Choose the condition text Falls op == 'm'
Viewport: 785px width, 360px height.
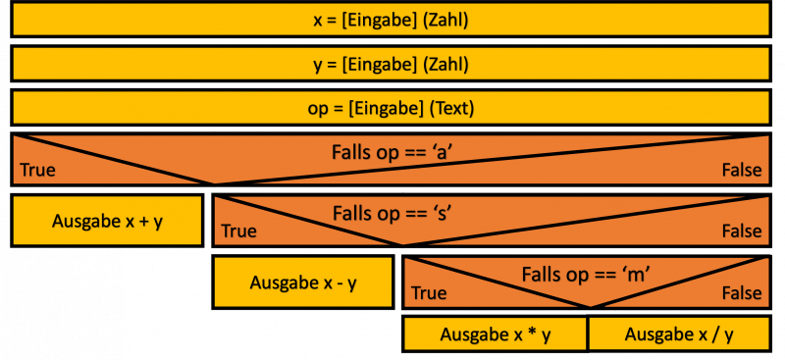tap(587, 274)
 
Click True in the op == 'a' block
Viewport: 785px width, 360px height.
tap(36, 170)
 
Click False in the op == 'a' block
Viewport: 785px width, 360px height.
tap(742, 170)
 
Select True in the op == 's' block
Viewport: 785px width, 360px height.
tap(238, 231)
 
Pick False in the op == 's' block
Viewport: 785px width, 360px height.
tap(742, 231)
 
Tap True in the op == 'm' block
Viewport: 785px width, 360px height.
tap(429, 292)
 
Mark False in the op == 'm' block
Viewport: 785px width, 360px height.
tap(742, 292)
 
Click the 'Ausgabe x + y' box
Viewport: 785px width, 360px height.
tap(107, 221)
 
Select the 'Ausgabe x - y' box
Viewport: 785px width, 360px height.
tap(302, 283)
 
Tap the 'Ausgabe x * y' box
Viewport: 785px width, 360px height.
tap(496, 334)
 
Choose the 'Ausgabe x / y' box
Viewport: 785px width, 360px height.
tap(679, 334)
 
